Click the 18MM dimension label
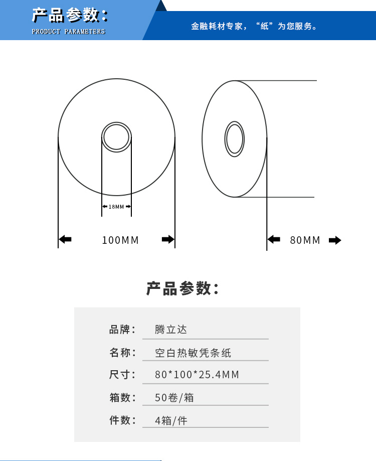pyautogui.click(x=116, y=207)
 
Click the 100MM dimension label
pyautogui.click(x=120, y=240)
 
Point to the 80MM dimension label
pyautogui.click(x=305, y=240)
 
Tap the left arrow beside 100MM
pyautogui.click(x=65, y=239)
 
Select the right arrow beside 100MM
pyautogui.click(x=168, y=239)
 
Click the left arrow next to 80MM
pyautogui.click(x=274, y=239)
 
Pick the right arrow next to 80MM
pyautogui.click(x=335, y=240)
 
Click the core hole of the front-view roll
pyautogui.click(x=117, y=137)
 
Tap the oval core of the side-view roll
pyautogui.click(x=235, y=139)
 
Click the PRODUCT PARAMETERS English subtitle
pyautogui.click(x=69, y=32)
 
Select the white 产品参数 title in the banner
pyautogui.click(x=70, y=15)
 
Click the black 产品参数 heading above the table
pyautogui.click(x=182, y=288)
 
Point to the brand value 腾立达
pyautogui.click(x=170, y=329)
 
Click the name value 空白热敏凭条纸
pyautogui.click(x=193, y=353)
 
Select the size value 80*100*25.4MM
pyautogui.click(x=197, y=375)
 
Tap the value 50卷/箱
pyautogui.click(x=174, y=397)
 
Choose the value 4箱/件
pyautogui.click(x=171, y=420)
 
